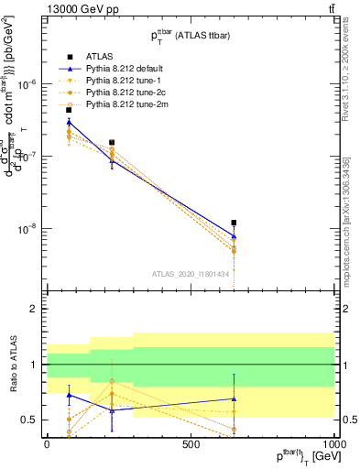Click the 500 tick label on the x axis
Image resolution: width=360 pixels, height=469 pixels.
pyautogui.click(x=191, y=444)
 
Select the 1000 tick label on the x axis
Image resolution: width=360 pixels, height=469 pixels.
pyautogui.click(x=333, y=444)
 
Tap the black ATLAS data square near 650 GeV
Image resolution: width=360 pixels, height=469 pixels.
pyautogui.click(x=234, y=223)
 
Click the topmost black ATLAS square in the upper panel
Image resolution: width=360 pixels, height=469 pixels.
pyautogui.click(x=69, y=110)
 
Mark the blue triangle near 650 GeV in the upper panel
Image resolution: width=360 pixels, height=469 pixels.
pyautogui.click(x=234, y=236)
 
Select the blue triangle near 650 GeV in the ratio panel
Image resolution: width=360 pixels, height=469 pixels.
pyautogui.click(x=234, y=398)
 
